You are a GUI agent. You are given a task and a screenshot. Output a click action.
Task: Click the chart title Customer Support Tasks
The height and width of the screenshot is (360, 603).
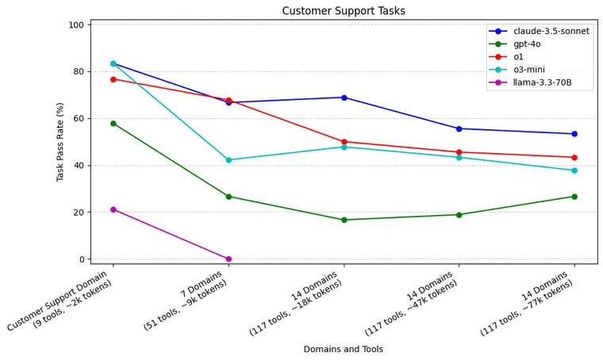[344, 11]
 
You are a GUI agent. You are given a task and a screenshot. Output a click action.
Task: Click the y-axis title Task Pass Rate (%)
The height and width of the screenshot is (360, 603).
[60, 142]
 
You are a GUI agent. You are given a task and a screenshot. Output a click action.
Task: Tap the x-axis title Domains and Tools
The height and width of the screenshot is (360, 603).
[344, 349]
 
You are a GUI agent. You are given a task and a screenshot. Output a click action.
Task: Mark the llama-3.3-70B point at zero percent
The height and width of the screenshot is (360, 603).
[229, 259]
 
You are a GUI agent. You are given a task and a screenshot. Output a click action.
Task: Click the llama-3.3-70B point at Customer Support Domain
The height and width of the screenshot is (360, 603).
[113, 209]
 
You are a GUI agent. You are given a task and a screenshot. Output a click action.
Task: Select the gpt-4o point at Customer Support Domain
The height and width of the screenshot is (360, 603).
[113, 124]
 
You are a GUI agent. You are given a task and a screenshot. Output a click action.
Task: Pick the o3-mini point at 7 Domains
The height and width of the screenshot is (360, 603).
[229, 160]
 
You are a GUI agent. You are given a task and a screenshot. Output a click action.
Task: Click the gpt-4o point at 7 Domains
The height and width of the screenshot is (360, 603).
[229, 197]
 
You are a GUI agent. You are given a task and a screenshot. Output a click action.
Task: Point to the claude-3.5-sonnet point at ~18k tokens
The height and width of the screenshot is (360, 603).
[344, 98]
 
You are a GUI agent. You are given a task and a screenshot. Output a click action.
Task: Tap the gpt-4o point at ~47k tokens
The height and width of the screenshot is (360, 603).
[459, 215]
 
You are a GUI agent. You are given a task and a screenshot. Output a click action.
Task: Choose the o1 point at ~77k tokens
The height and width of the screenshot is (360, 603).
[574, 158]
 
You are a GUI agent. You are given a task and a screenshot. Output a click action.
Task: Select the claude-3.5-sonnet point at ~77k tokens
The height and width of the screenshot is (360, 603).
[574, 134]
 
